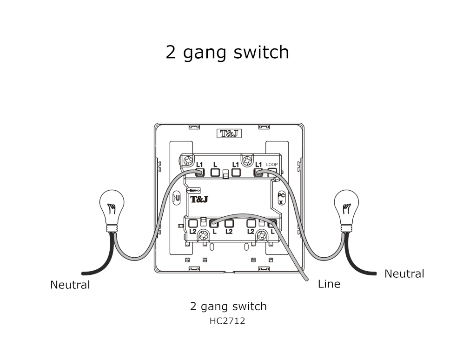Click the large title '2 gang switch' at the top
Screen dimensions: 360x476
[227, 52]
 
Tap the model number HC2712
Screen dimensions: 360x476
[227, 321]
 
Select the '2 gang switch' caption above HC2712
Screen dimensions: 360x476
[228, 307]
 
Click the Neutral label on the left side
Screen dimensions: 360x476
[70, 284]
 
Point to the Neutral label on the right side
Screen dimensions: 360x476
[404, 273]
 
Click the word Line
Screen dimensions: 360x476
[329, 284]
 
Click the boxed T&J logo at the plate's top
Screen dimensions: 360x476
[229, 133]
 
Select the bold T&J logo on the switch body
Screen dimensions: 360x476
[199, 199]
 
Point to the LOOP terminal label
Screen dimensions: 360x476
[271, 165]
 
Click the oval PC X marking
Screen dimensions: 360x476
[281, 198]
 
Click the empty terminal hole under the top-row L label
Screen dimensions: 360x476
[215, 173]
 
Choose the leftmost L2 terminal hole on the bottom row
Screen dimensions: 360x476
[192, 223]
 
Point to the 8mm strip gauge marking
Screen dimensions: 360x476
[193, 190]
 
